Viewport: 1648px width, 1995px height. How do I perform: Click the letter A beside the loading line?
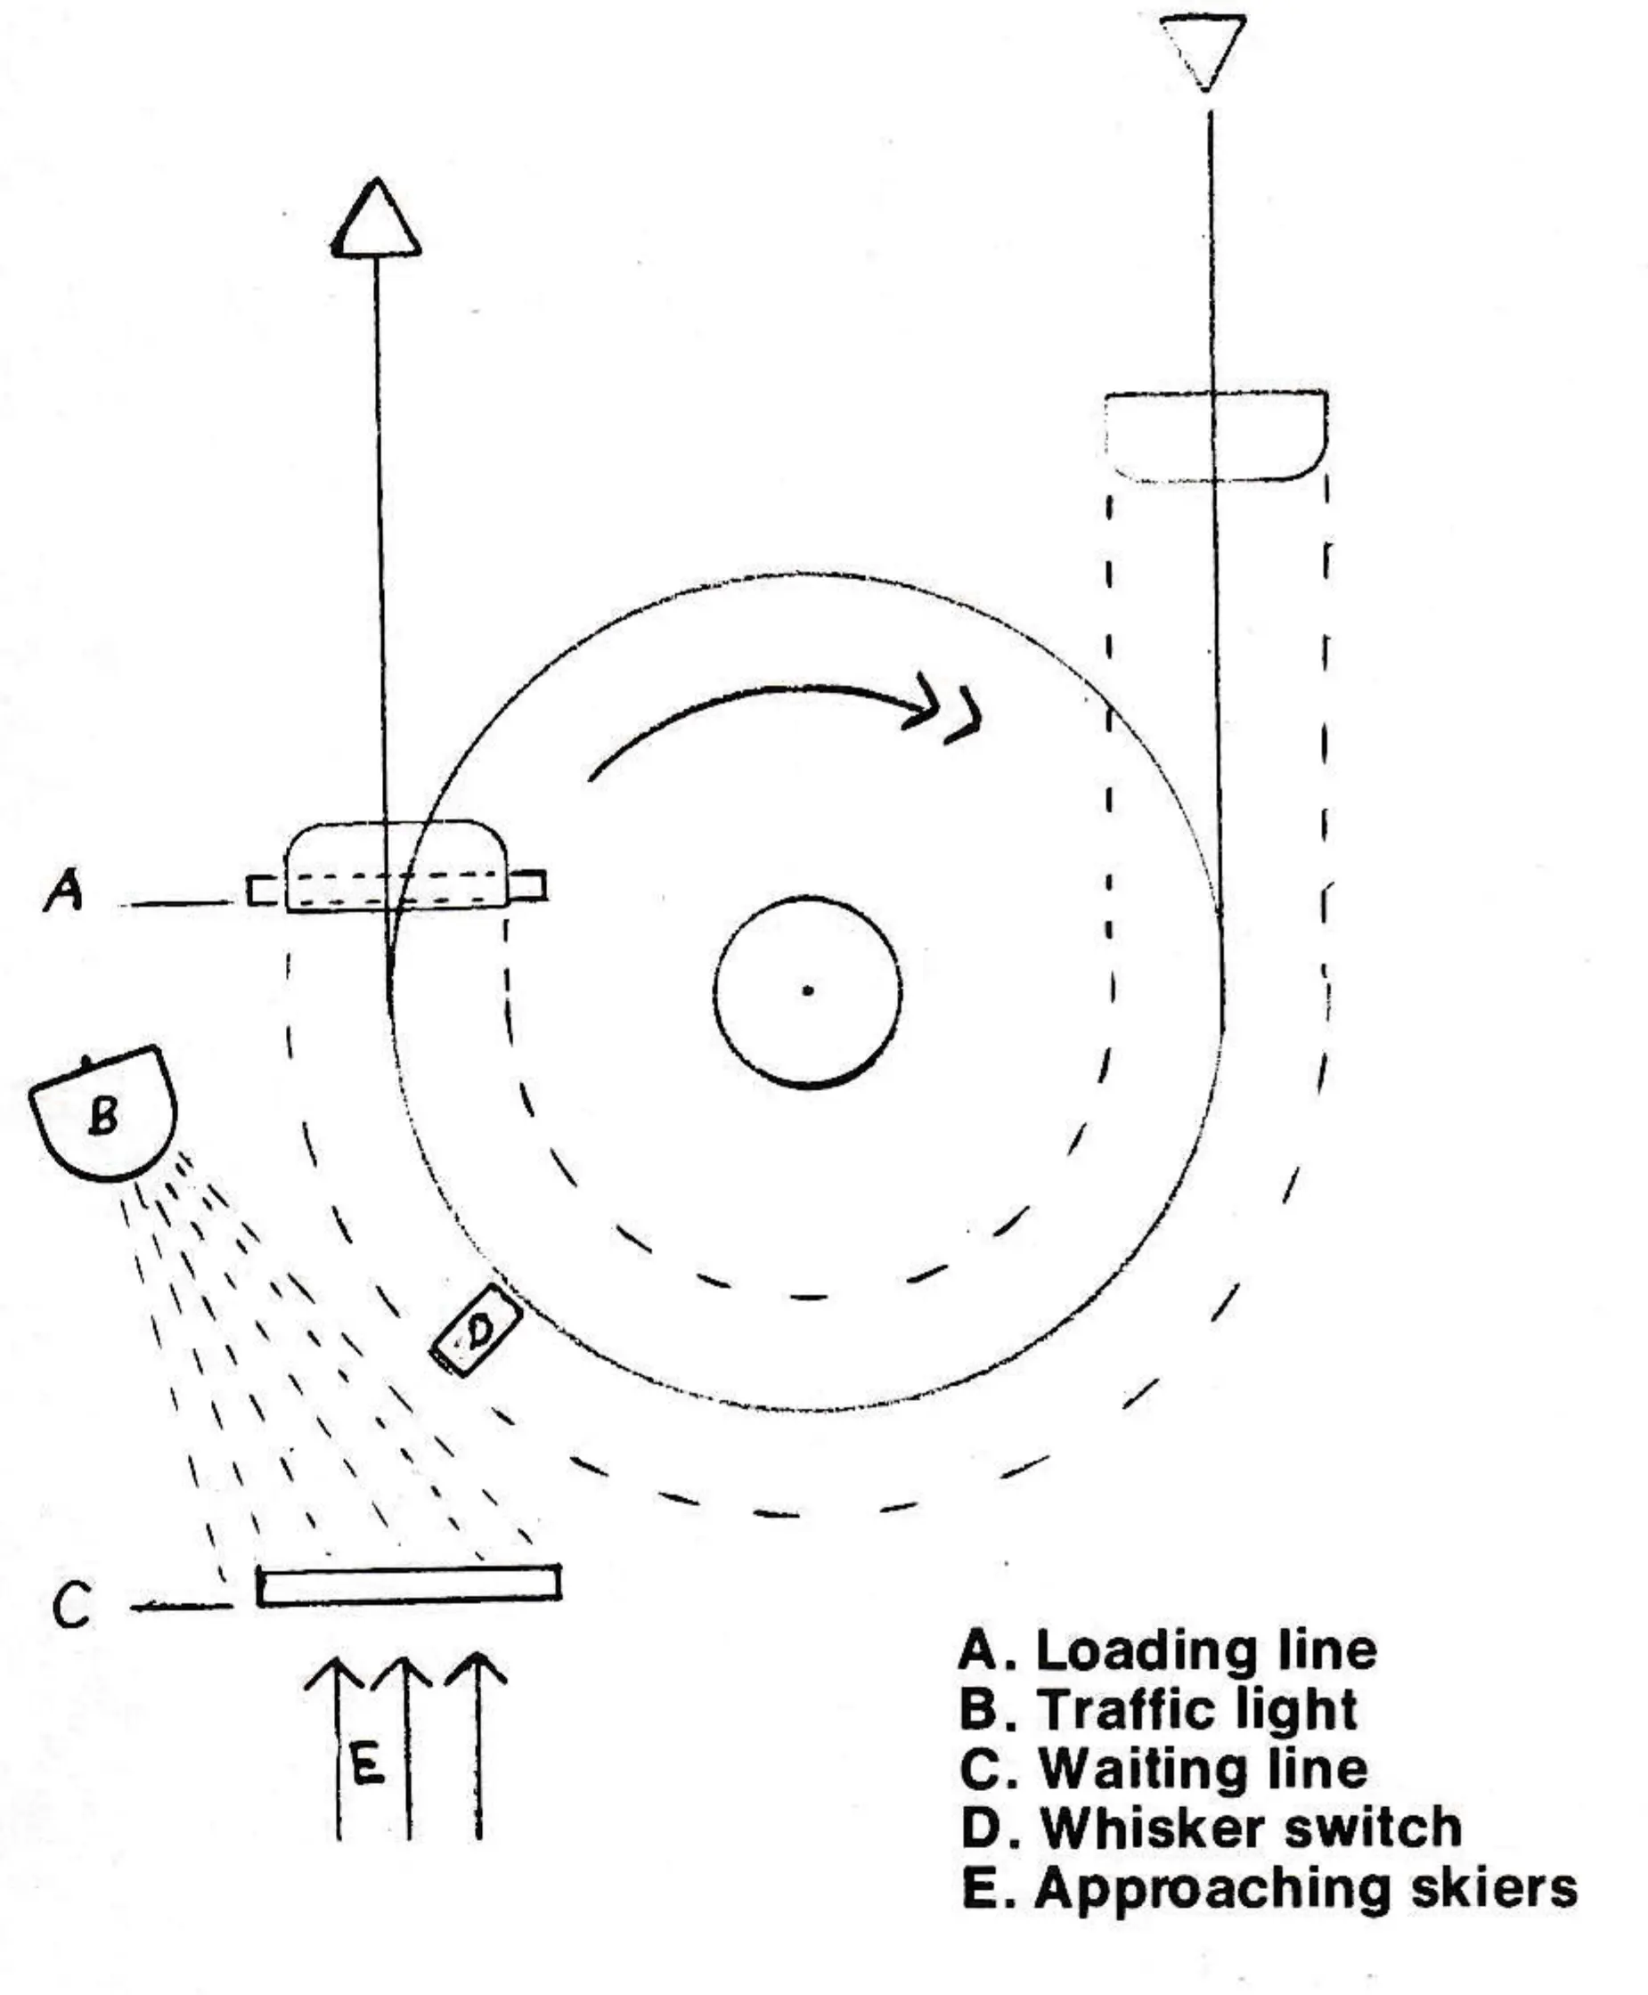(x=64, y=892)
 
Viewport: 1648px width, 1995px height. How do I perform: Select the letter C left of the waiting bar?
(x=71, y=1605)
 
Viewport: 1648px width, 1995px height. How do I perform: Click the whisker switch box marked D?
(x=477, y=1330)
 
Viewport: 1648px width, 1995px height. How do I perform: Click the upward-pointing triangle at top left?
(x=376, y=217)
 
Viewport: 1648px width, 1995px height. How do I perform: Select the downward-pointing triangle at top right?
(x=1203, y=53)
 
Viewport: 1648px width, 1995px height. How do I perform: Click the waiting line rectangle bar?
(x=409, y=1585)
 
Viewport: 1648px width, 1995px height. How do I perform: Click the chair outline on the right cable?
(x=1216, y=436)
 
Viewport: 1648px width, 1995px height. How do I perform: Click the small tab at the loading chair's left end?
(x=266, y=891)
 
